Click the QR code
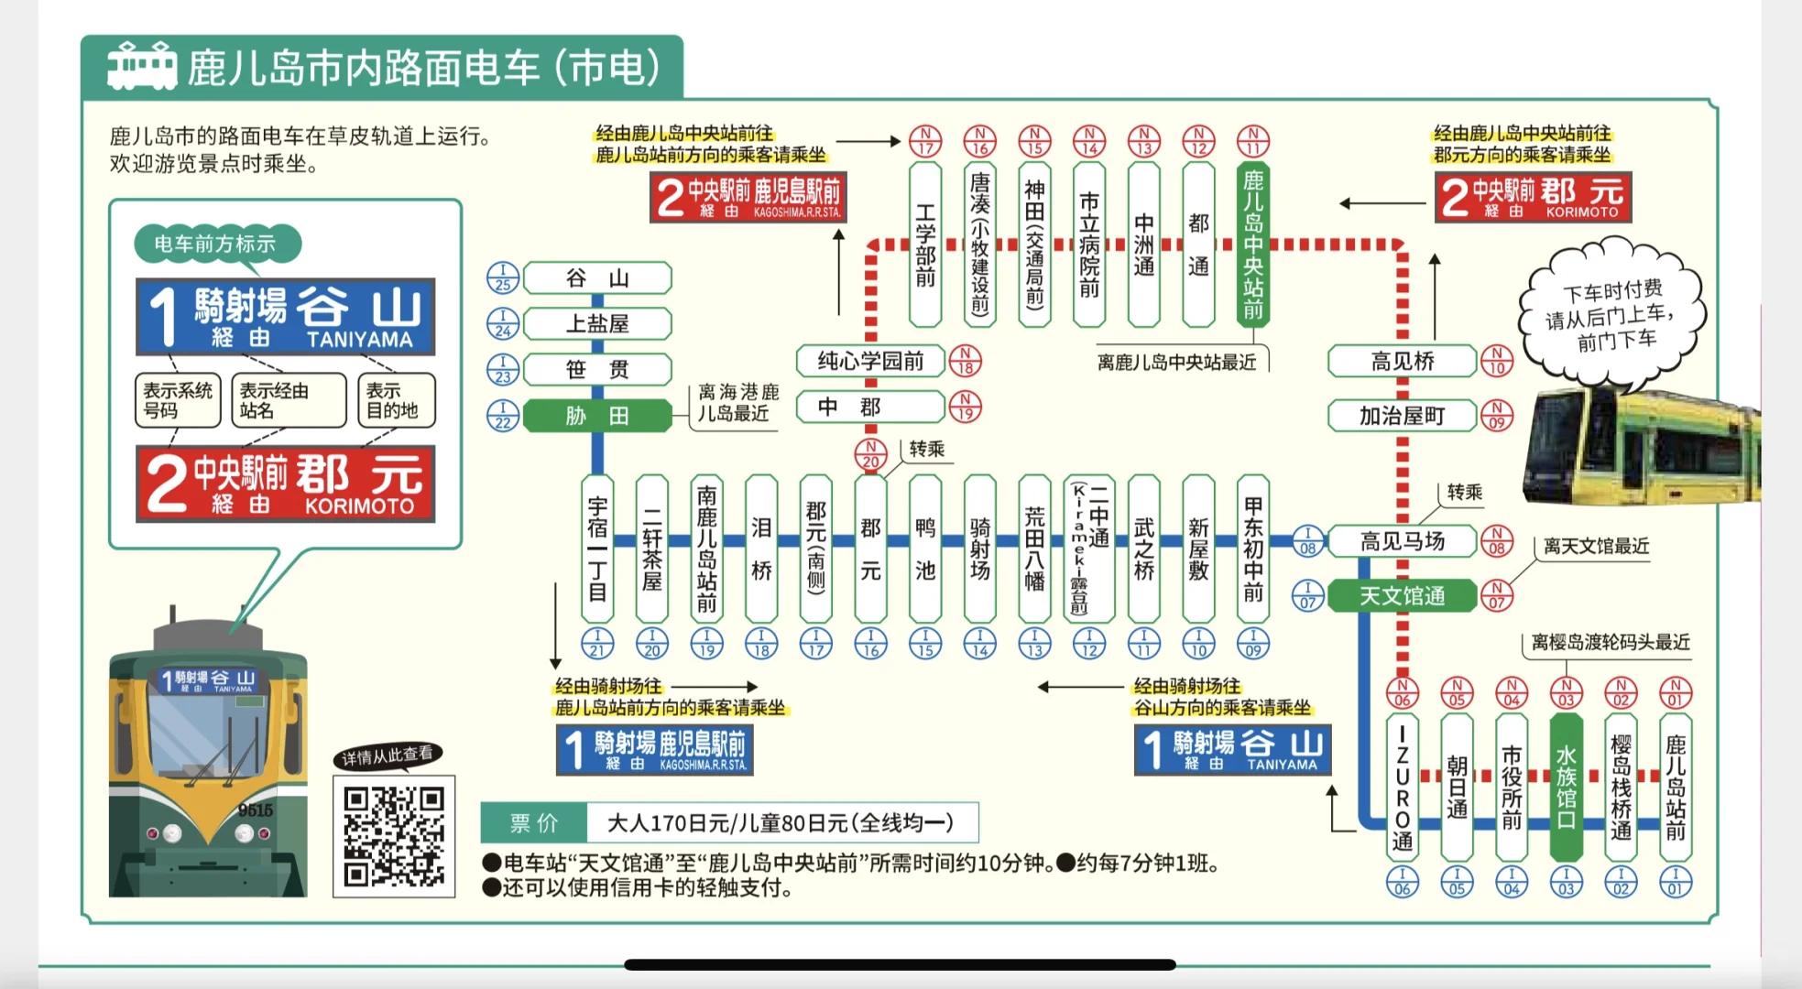[x=394, y=836]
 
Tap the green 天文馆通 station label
[x=1402, y=596]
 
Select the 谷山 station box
[x=597, y=278]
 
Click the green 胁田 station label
[x=597, y=416]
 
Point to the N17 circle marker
[x=925, y=142]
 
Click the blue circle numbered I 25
[x=503, y=278]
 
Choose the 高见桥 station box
[x=1402, y=361]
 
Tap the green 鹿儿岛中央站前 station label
[x=1253, y=245]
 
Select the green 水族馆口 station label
[x=1566, y=787]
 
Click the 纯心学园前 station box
[x=870, y=361]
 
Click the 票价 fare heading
[x=534, y=822]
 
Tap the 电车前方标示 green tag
[x=215, y=244]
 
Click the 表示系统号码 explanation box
[x=178, y=400]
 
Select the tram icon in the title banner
[x=142, y=66]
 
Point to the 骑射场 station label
[x=979, y=548]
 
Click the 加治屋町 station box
[x=1402, y=416]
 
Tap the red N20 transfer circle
[x=870, y=453]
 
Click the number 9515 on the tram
[x=256, y=810]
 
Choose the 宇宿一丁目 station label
[x=597, y=548]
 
